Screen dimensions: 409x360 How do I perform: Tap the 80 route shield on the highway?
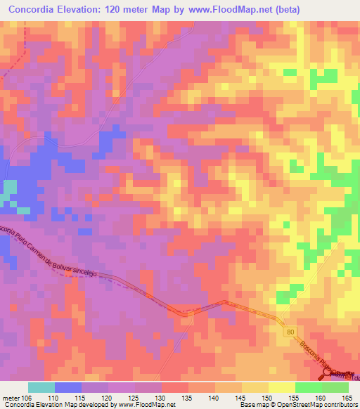coord(290,330)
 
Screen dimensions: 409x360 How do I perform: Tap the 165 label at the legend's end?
coord(348,398)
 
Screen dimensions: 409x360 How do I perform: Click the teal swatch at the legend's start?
coord(41,387)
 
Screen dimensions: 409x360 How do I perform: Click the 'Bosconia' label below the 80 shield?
coord(303,350)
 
